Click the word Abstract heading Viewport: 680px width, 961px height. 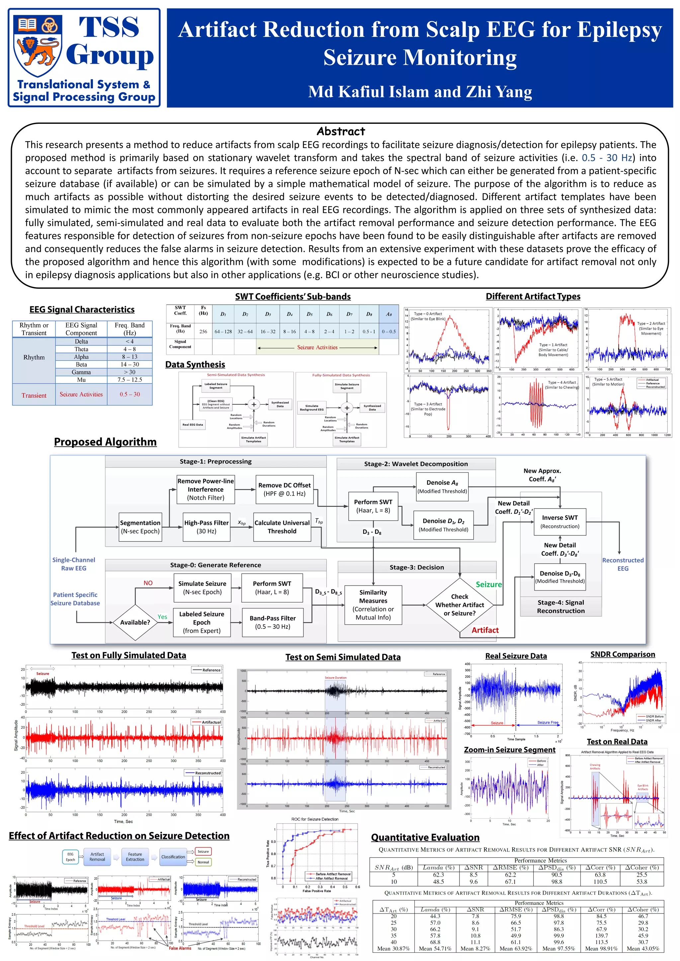(340, 131)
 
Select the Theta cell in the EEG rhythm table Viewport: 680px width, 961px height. (81, 349)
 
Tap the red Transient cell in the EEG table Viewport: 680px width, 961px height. (34, 395)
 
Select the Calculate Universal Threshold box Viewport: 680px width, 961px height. (282, 527)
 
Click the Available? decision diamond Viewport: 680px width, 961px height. (135, 622)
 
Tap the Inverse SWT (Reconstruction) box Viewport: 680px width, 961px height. (560, 521)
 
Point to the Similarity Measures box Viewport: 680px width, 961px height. (373, 605)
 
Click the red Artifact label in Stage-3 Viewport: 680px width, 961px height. (485, 630)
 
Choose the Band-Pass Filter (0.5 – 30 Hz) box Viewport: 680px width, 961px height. (273, 622)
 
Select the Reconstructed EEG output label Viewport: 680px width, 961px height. (623, 564)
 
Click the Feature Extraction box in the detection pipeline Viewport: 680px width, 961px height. (135, 857)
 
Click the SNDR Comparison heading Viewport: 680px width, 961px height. (623, 654)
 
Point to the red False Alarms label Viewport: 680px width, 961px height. (180, 948)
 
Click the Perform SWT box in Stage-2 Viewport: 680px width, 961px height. (373, 506)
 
